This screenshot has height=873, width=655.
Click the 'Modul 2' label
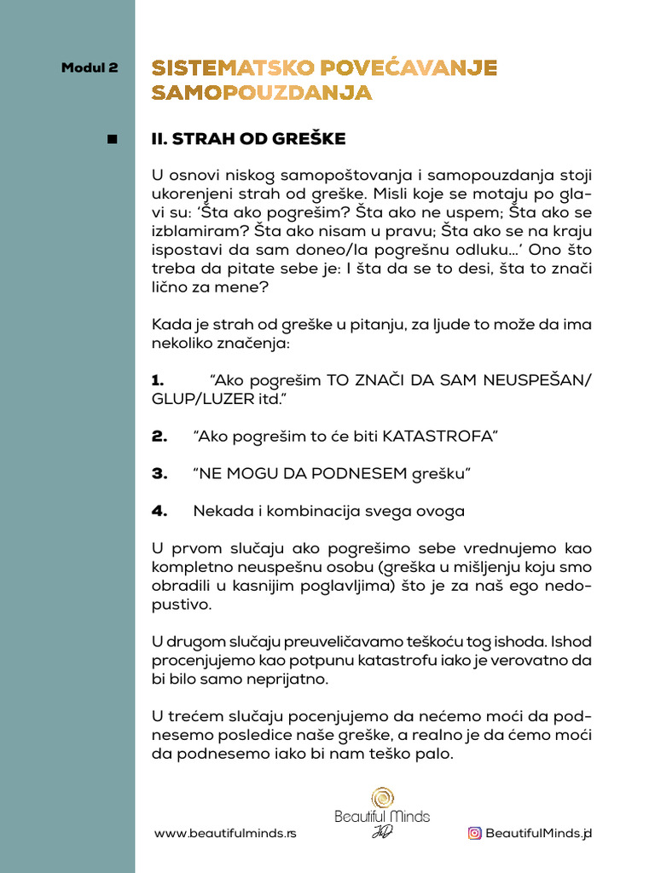click(90, 68)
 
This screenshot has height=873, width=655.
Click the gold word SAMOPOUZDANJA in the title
click(262, 93)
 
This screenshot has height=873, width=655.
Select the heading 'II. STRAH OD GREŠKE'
click(248, 139)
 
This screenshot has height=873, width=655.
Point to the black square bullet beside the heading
click(113, 139)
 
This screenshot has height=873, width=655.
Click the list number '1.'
click(157, 380)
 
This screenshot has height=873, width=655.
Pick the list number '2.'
click(159, 436)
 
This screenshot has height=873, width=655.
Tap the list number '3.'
click(159, 473)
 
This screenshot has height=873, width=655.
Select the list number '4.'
click(159, 511)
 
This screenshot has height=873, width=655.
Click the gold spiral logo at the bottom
click(382, 799)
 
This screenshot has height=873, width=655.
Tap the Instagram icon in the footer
click(474, 833)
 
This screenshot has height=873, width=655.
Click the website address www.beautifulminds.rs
click(225, 833)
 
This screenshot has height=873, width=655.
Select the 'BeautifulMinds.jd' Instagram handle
click(538, 833)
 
